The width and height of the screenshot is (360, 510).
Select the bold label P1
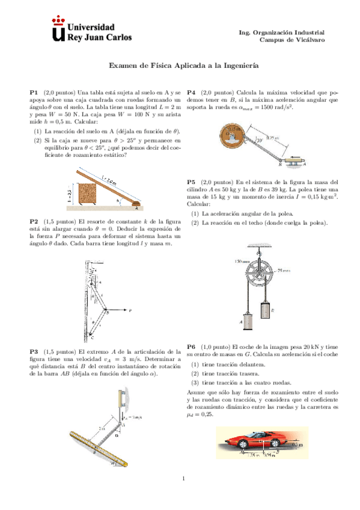[34, 91]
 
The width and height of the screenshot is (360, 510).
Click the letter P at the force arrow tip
[130, 311]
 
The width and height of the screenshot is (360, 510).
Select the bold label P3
[34, 351]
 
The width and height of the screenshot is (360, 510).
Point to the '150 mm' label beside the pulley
[242, 261]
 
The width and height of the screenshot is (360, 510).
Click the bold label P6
[192, 347]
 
